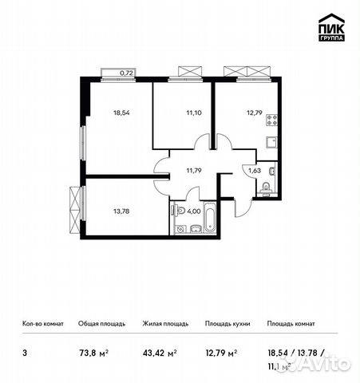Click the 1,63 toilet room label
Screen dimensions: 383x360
[253, 170]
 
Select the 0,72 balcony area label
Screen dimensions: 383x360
[125, 73]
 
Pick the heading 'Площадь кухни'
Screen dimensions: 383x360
[228, 324]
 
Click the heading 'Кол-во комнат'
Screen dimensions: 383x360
[43, 324]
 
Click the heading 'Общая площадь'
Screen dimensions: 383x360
[101, 324]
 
